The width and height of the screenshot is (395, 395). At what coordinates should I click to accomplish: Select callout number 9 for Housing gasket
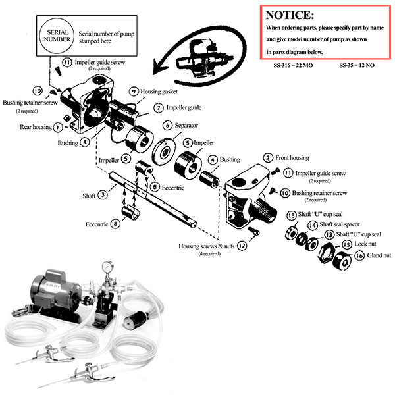click(x=134, y=92)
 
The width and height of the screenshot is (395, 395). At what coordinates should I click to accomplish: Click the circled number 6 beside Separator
click(x=168, y=125)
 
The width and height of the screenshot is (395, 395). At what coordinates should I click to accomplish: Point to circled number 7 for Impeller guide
click(x=159, y=107)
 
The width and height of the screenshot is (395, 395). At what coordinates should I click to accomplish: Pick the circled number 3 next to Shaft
click(x=103, y=195)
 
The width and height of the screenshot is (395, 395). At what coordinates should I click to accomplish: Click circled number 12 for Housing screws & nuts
click(x=242, y=246)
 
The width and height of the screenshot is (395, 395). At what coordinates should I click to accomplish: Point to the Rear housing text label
click(x=36, y=127)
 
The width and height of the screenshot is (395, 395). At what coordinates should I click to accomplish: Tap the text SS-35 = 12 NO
click(x=359, y=66)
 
